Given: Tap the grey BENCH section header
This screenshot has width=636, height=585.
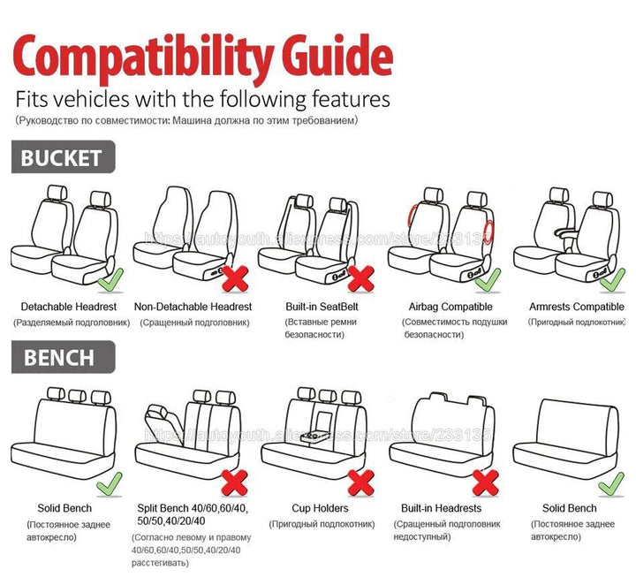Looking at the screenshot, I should click(x=58, y=357).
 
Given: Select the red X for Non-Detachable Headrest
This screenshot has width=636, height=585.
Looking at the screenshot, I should click(x=233, y=279).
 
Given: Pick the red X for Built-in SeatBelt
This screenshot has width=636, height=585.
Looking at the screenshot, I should click(x=360, y=278).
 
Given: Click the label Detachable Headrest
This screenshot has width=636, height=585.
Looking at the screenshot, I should click(x=69, y=307).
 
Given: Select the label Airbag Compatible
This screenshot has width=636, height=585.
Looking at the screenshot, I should click(x=450, y=307).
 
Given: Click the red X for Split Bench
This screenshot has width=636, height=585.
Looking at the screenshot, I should click(x=233, y=482).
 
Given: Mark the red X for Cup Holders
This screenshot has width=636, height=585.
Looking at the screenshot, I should click(x=360, y=482).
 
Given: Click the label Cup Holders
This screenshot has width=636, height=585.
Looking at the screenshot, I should click(x=320, y=508).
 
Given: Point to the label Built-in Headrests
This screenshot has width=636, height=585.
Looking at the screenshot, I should click(x=441, y=508).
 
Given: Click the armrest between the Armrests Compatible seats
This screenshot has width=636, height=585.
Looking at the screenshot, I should click(x=571, y=232).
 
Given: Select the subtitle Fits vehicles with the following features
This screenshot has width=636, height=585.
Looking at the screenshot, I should click(x=202, y=97).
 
